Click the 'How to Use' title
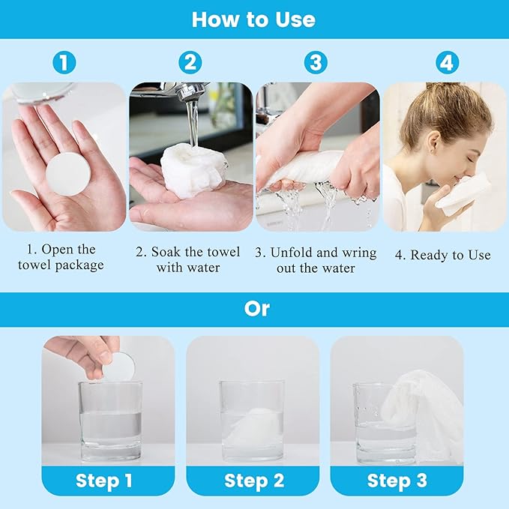point(253,19)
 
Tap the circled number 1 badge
point(64,62)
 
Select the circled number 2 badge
point(190,62)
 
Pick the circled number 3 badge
point(316,62)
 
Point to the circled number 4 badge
point(447,62)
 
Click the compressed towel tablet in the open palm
point(67,174)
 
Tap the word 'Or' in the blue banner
point(256,309)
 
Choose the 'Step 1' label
point(104,481)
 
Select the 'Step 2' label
point(254,481)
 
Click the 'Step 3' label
point(397,481)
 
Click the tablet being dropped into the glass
point(119,367)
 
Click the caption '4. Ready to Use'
point(443,255)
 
